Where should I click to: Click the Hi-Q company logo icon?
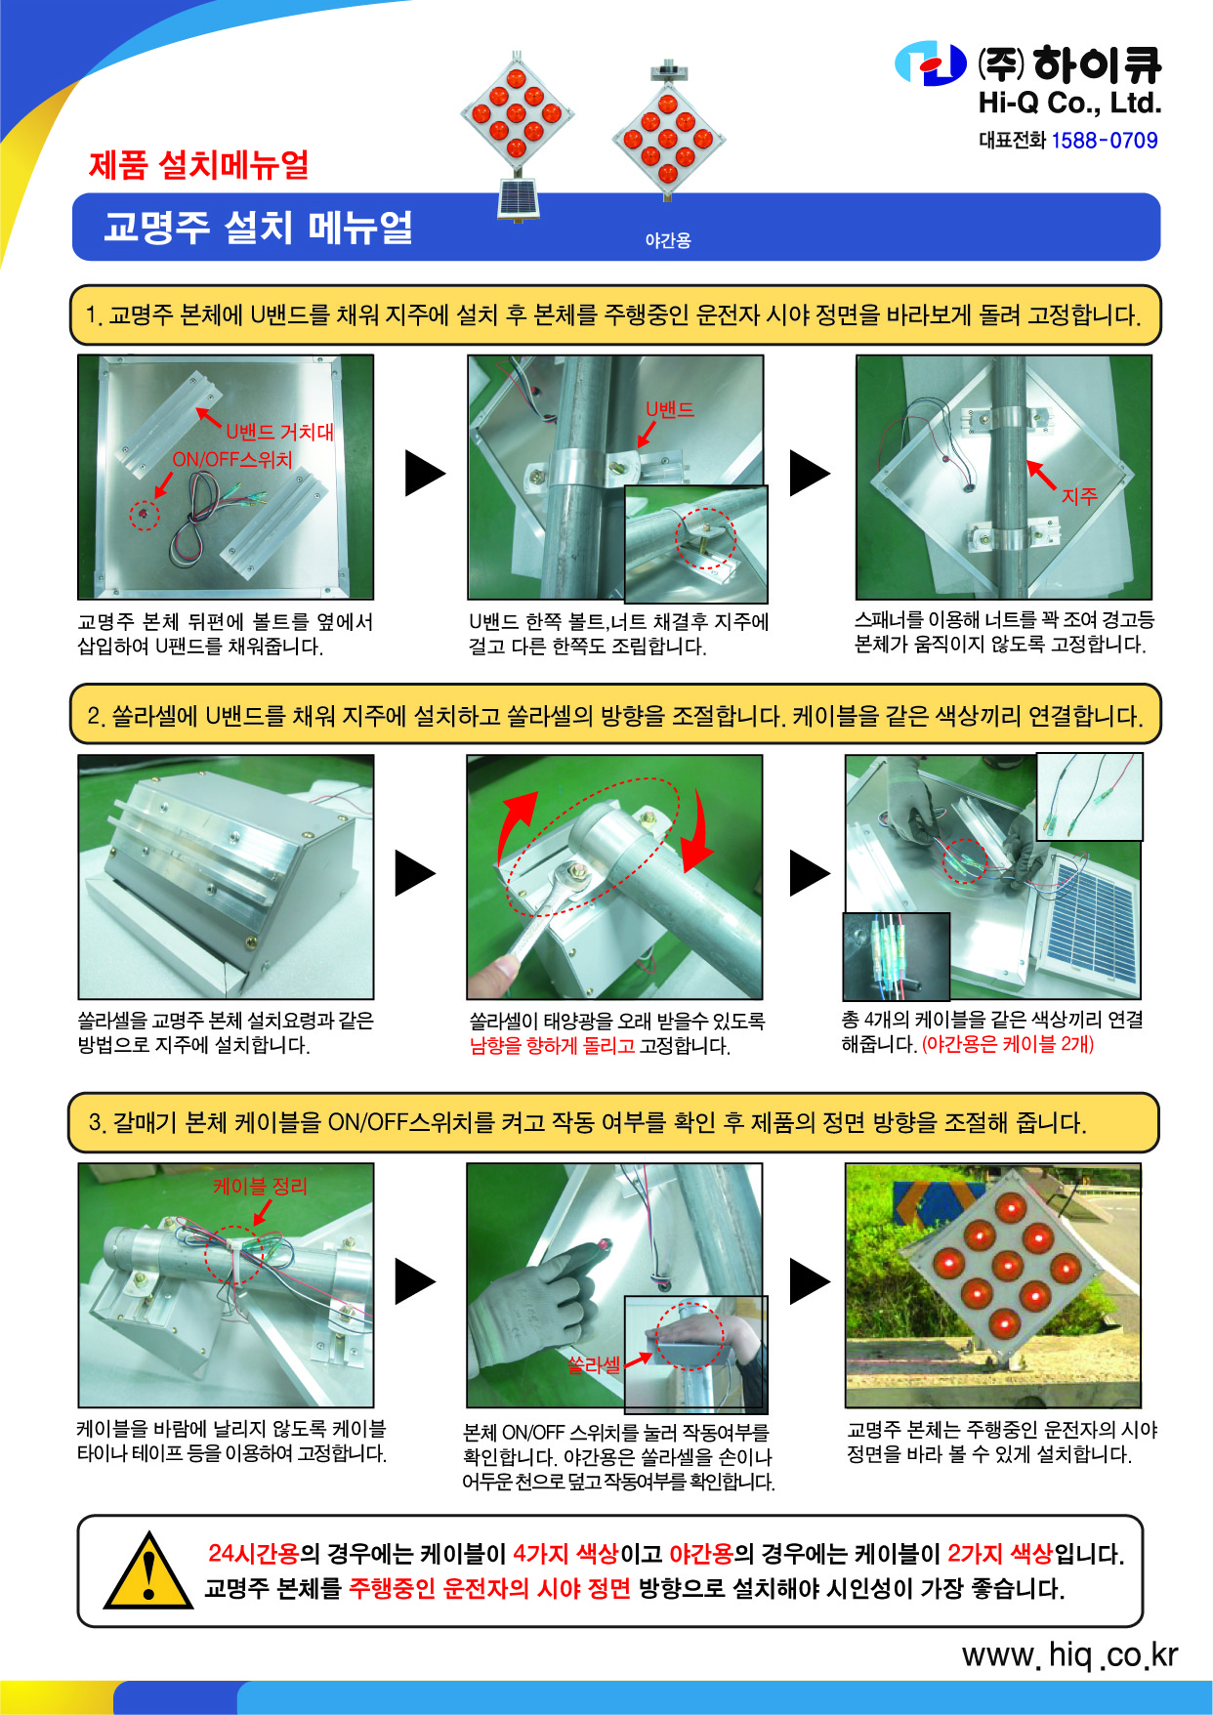[931, 63]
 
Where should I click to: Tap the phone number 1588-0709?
[1105, 141]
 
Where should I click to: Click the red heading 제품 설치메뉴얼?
[199, 164]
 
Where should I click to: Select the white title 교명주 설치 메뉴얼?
[259, 227]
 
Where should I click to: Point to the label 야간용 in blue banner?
[668, 240]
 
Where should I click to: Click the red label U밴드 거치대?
[280, 432]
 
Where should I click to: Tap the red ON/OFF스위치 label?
[232, 459]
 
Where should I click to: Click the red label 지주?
[1079, 496]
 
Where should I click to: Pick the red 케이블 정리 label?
[260, 1186]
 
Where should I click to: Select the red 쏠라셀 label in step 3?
[594, 1364]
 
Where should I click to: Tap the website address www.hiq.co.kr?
[1069, 1654]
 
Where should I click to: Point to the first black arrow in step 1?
[426, 474]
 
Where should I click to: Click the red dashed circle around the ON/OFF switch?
[145, 514]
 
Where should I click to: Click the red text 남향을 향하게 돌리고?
[552, 1046]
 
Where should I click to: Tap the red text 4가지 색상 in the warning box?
[565, 1553]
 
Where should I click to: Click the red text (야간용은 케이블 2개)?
[1008, 1044]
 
